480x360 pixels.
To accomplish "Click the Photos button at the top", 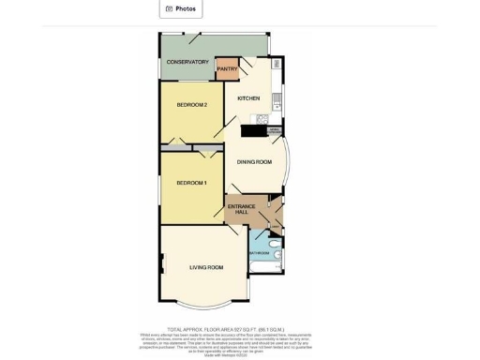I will pos(180,8).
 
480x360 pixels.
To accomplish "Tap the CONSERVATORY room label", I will pos(187,62).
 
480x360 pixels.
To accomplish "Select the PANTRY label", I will pos(227,68).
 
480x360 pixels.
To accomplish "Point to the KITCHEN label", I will pos(248,97).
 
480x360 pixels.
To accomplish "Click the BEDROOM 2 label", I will pos(191,104).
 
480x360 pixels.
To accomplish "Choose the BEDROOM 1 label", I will pos(191,182).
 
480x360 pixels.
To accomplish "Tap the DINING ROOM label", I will pos(254,162).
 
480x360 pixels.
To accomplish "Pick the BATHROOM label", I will pos(259,253).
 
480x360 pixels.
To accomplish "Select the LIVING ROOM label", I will pos(206,268).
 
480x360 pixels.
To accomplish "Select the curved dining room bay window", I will pos(290,162).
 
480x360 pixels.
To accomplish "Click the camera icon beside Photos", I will pos(169,8).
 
